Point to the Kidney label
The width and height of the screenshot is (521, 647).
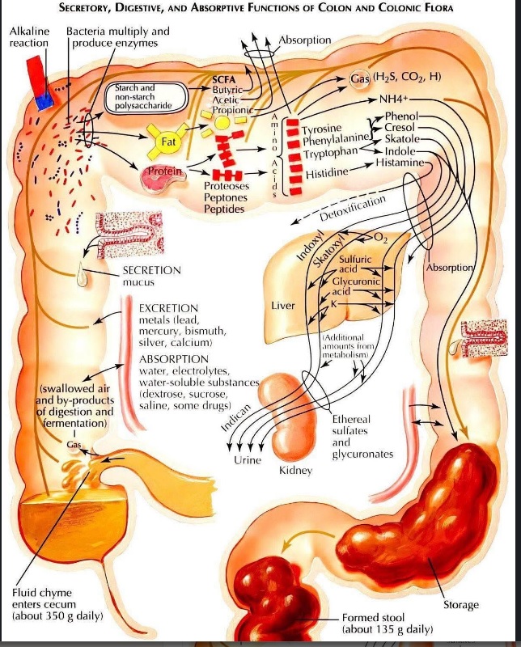(x=295, y=471)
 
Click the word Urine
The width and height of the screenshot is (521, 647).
(x=248, y=459)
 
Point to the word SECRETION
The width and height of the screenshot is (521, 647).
(x=151, y=270)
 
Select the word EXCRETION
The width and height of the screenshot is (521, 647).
(x=168, y=308)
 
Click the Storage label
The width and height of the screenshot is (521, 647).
(x=461, y=605)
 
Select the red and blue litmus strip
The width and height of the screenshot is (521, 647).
(x=39, y=82)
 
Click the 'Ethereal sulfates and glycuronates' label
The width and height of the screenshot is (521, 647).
(x=362, y=437)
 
